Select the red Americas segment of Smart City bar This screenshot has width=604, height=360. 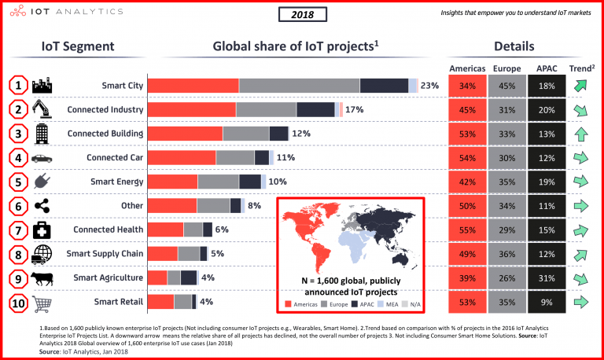[193, 86]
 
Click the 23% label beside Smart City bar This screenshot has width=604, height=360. [429, 86]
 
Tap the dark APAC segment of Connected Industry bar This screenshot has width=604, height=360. [315, 110]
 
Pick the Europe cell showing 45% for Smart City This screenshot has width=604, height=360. [506, 86]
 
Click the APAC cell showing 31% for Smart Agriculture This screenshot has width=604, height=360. [547, 277]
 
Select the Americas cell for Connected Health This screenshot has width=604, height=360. [467, 230]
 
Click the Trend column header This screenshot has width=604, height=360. [580, 68]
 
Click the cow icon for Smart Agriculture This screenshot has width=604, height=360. [42, 277]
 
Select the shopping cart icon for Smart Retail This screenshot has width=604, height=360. [42, 302]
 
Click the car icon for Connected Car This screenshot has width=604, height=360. [42, 158]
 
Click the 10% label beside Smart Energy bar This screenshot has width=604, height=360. [278, 182]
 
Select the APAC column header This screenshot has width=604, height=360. [547, 68]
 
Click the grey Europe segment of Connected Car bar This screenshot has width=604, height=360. [235, 158]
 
